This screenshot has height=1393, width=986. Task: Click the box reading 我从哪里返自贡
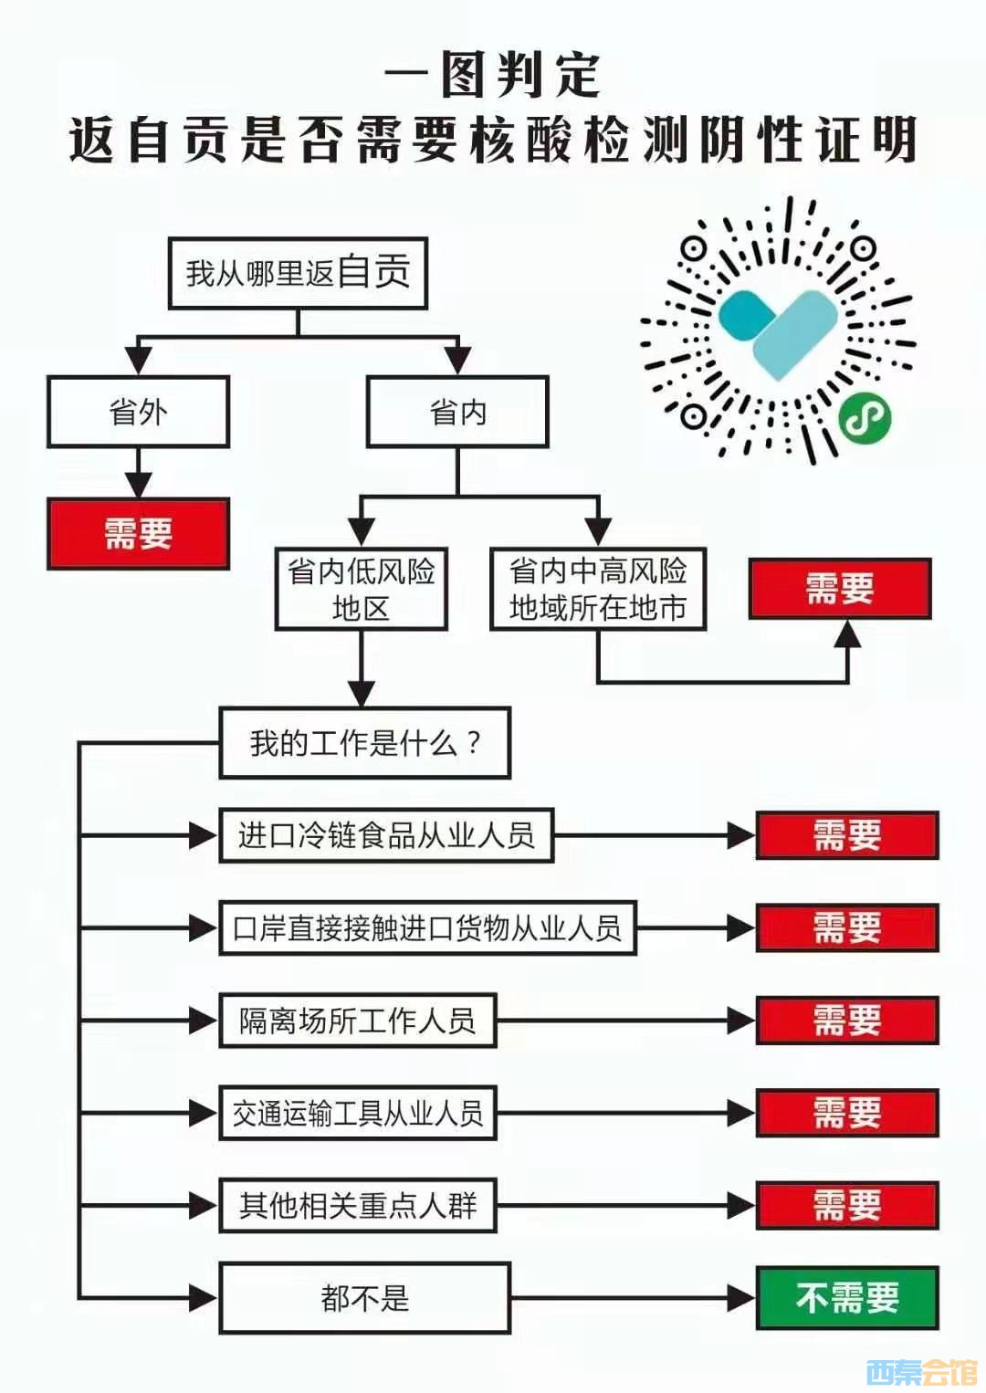pyautogui.click(x=298, y=273)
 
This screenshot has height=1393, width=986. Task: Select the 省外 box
pyautogui.click(x=138, y=412)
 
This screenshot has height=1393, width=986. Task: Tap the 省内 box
pyautogui.click(x=457, y=412)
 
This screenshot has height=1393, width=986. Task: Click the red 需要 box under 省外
pyautogui.click(x=138, y=534)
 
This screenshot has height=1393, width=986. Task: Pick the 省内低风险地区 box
pyautogui.click(x=362, y=589)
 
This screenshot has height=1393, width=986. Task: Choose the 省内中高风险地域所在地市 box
pyautogui.click(x=598, y=589)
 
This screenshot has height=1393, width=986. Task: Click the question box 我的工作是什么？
pyautogui.click(x=364, y=743)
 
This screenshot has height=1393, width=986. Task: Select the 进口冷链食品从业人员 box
pyautogui.click(x=386, y=835)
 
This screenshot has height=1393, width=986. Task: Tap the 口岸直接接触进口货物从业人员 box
pyautogui.click(x=427, y=928)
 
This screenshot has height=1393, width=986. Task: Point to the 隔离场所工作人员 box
pyautogui.click(x=357, y=1021)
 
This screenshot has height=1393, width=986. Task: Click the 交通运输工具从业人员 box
pyautogui.click(x=357, y=1113)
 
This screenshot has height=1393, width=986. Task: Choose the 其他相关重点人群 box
pyautogui.click(x=357, y=1206)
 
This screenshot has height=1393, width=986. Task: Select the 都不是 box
pyautogui.click(x=364, y=1298)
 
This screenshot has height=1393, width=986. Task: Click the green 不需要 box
pyautogui.click(x=847, y=1298)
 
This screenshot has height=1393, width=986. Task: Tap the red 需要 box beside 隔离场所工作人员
pyautogui.click(x=847, y=1021)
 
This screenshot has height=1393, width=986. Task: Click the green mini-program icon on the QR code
pyautogui.click(x=864, y=419)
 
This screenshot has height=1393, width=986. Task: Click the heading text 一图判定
pyautogui.click(x=493, y=75)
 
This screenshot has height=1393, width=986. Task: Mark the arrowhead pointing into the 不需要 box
pyautogui.click(x=741, y=1298)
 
